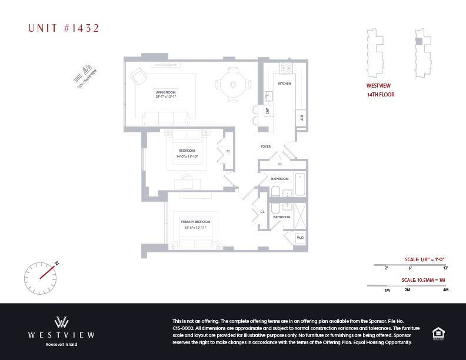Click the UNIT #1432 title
point(64,28)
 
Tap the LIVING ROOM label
point(166,94)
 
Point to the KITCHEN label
point(285,84)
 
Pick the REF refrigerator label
point(301,117)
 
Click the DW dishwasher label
point(267,110)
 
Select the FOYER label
point(266,146)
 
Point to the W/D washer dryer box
point(300,238)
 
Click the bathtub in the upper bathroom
point(299,185)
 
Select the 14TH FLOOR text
point(381,94)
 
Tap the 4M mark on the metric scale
point(445,290)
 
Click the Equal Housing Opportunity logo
point(438,332)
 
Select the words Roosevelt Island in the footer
point(61,344)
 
